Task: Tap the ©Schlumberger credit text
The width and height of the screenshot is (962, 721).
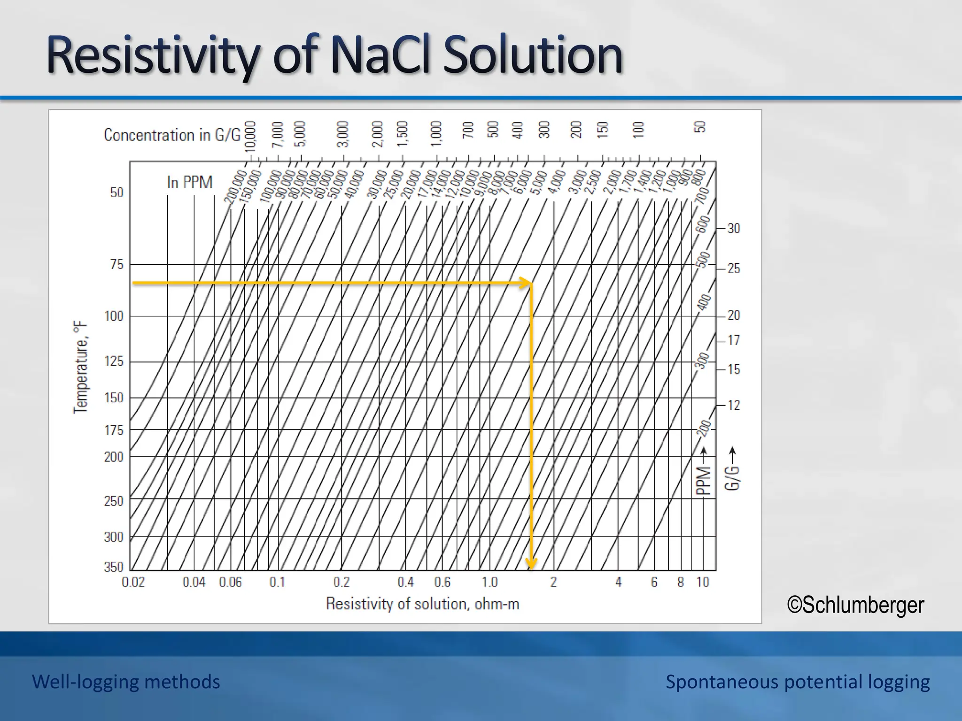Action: click(x=855, y=605)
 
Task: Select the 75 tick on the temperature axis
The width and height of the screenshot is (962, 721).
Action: click(x=116, y=265)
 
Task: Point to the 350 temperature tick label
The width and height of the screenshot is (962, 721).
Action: click(x=114, y=567)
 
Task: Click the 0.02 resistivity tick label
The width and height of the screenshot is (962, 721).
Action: click(x=133, y=583)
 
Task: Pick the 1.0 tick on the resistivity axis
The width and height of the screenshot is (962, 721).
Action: click(x=489, y=583)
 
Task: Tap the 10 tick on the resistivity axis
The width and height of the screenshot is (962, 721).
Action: click(x=703, y=583)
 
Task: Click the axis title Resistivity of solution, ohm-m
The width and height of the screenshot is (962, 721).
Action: click(x=422, y=604)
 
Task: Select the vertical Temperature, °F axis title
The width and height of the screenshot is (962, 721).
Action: click(x=81, y=367)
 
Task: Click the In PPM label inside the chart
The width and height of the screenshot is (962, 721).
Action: click(x=190, y=182)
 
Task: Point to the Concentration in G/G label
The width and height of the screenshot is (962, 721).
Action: click(x=172, y=135)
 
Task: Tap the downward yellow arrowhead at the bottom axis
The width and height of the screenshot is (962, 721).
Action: click(x=531, y=563)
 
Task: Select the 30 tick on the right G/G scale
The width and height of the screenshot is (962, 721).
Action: click(x=733, y=229)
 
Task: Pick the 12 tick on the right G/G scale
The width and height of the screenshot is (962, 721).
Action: click(x=733, y=405)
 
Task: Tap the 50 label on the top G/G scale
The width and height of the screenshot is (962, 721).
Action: click(x=700, y=127)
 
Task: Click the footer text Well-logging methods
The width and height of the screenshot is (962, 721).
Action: click(x=126, y=682)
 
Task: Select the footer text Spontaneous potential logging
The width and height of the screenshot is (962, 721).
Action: click(x=797, y=682)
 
